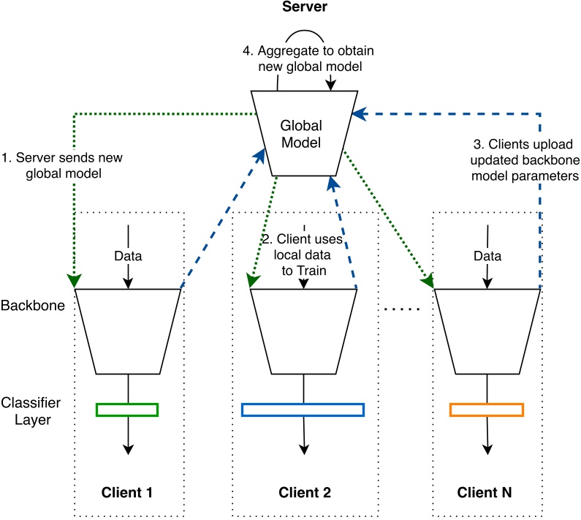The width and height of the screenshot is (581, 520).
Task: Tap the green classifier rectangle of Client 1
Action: (127, 410)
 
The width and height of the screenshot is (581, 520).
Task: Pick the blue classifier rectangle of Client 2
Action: (303, 410)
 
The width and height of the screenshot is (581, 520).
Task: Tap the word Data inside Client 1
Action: (128, 257)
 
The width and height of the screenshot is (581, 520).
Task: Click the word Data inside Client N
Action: (487, 257)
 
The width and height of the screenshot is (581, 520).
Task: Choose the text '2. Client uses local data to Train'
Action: (303, 257)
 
